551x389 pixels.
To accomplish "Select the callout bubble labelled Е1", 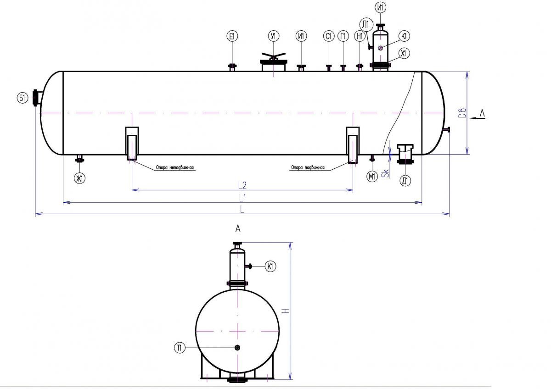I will point(232,37).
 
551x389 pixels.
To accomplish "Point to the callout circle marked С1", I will point(328,37).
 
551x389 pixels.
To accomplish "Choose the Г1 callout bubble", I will point(343,37).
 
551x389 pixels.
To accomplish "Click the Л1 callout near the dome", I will point(365,24).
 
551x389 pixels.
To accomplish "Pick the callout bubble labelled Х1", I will point(404,54).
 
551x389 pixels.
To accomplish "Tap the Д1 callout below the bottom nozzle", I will point(405,181).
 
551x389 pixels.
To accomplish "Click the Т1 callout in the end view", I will point(180,348).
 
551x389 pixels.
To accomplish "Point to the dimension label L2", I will point(242,185).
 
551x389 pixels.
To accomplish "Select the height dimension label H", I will point(285,311).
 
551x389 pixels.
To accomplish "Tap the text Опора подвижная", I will point(307,168).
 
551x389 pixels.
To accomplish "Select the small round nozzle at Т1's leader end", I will point(237,348).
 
